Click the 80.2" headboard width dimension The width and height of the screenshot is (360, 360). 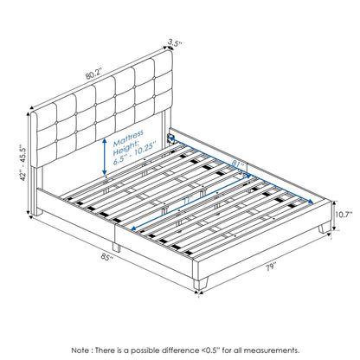tap(94, 74)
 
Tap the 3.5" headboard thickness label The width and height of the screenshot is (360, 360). tap(175, 43)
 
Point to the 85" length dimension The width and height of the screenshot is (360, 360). tap(107, 257)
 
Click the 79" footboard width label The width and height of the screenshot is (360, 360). tap(271, 267)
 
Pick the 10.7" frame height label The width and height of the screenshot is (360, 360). tap(344, 215)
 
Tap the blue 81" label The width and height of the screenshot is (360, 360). tap(238, 164)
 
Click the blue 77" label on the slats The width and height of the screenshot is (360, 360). tap(188, 201)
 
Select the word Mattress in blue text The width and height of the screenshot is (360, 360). tap(128, 138)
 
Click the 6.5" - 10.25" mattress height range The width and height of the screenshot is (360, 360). tap(134, 157)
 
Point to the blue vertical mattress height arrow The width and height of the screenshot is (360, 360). tap(105, 157)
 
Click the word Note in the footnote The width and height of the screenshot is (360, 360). tap(80, 350)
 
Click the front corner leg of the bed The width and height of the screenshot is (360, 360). tap(201, 282)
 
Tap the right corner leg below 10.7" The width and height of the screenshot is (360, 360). tap(325, 228)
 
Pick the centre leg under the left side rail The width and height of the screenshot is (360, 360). tap(116, 247)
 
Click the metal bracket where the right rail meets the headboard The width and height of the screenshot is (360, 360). tap(170, 137)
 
